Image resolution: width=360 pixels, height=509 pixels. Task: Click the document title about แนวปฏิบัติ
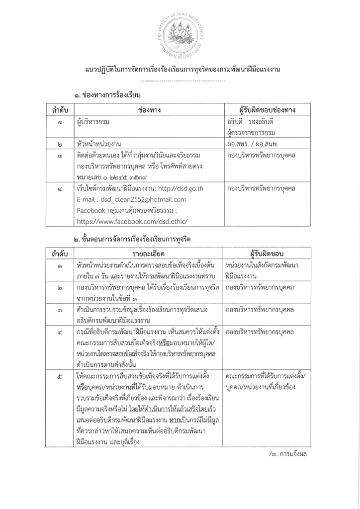coord(182,69)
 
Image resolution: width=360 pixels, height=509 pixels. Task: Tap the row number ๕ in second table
coord(60,377)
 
